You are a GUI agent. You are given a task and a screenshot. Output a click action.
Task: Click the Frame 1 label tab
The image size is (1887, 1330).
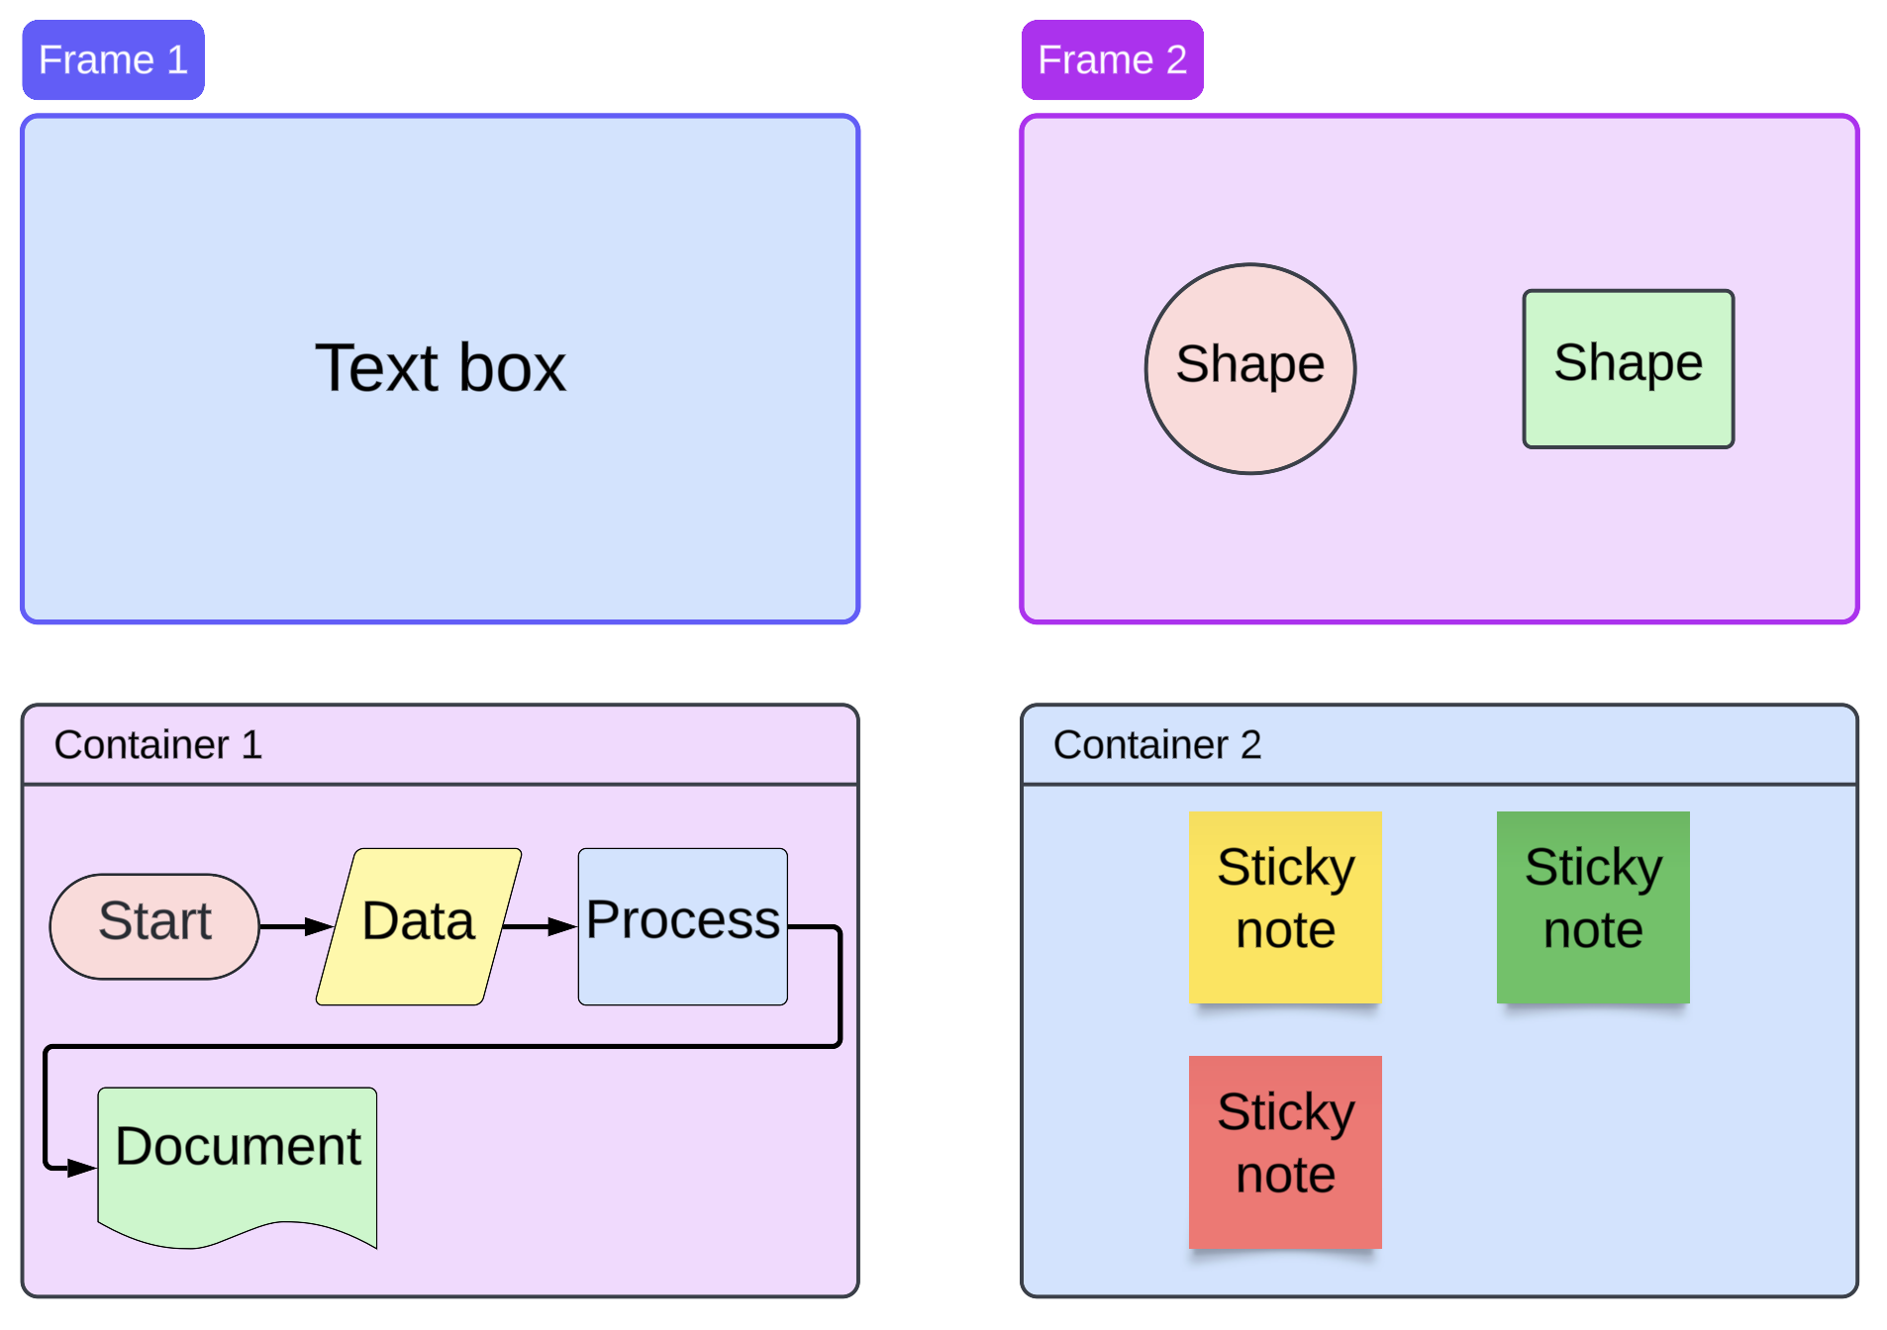coord(113,60)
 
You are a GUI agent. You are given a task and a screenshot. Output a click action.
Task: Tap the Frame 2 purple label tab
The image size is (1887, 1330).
coord(1112,60)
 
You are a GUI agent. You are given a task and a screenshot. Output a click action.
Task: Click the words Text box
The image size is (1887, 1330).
coord(440,368)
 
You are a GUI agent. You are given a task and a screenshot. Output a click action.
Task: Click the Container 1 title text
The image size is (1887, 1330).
coord(158,744)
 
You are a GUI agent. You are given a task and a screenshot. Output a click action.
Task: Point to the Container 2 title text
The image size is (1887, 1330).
coord(1156,744)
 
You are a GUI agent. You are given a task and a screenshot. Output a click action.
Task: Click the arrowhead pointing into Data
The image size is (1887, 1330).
coord(319,926)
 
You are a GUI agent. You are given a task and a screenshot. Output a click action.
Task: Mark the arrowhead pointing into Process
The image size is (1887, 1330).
coord(562,926)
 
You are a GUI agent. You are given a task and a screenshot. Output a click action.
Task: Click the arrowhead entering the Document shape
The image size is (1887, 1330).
coord(82,1168)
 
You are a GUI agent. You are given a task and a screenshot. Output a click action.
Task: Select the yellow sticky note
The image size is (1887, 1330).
coord(1285,905)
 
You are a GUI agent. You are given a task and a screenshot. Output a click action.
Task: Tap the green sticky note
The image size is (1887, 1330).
coord(1592,905)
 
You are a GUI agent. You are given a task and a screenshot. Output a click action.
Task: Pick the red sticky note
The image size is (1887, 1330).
coord(1285,1150)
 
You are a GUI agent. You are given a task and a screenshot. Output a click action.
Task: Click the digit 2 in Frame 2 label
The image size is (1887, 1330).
coord(1175,60)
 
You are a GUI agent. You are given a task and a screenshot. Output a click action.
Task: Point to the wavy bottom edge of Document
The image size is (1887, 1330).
coord(238,1236)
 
